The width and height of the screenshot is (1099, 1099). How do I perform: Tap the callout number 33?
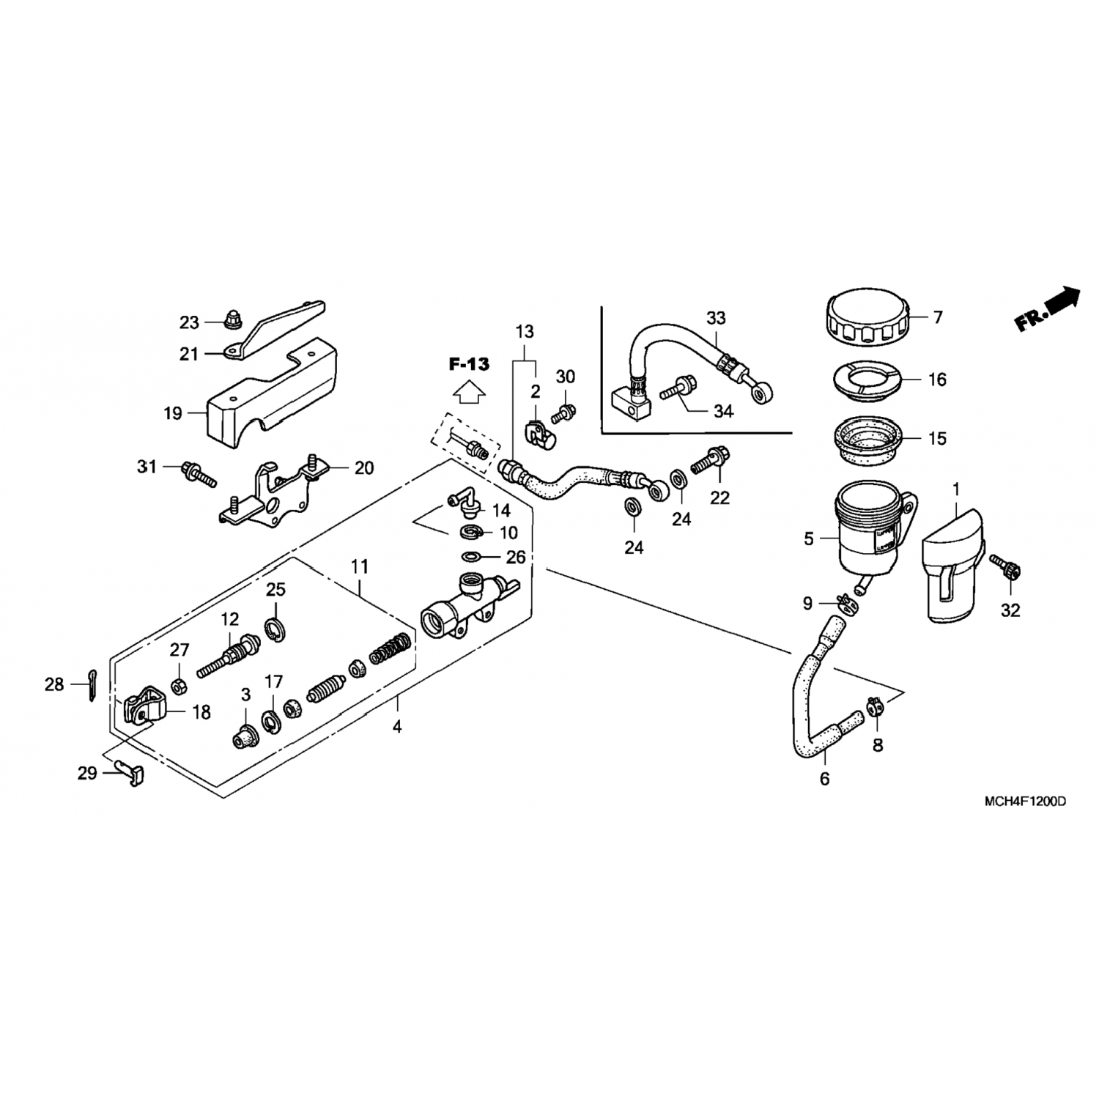pos(716,317)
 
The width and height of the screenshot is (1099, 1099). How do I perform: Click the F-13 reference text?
pos(469,364)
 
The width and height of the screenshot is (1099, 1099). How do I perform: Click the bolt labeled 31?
pos(196,471)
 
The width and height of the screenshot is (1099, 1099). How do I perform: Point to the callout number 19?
pos(173,413)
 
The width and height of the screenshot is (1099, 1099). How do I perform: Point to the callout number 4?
pos(397,728)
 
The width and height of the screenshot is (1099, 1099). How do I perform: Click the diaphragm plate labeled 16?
pos(865,382)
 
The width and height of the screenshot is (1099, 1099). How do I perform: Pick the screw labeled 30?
pos(563,413)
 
